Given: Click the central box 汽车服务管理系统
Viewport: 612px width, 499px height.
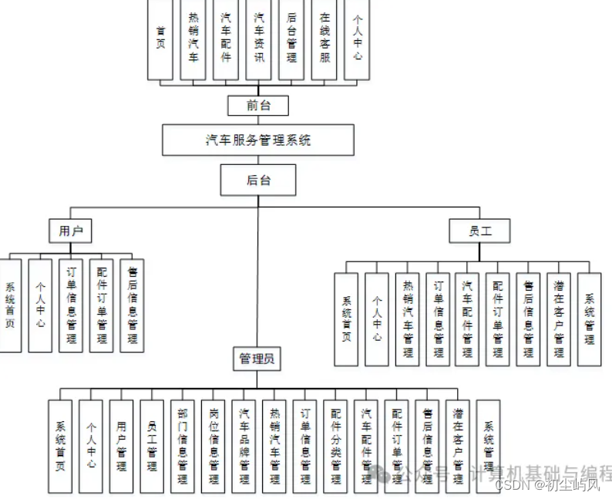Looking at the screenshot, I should click(x=258, y=140).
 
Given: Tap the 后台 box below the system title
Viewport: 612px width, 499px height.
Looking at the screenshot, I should click(x=258, y=180).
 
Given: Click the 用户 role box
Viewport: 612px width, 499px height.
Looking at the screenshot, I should click(x=70, y=230).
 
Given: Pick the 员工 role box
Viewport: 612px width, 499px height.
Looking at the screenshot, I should click(x=479, y=230).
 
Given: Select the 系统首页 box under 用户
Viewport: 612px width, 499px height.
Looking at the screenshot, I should click(x=9, y=305).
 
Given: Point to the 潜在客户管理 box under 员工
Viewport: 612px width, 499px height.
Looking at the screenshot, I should click(x=559, y=319).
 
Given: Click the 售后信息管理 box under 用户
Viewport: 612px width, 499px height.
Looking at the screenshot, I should click(x=132, y=305).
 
